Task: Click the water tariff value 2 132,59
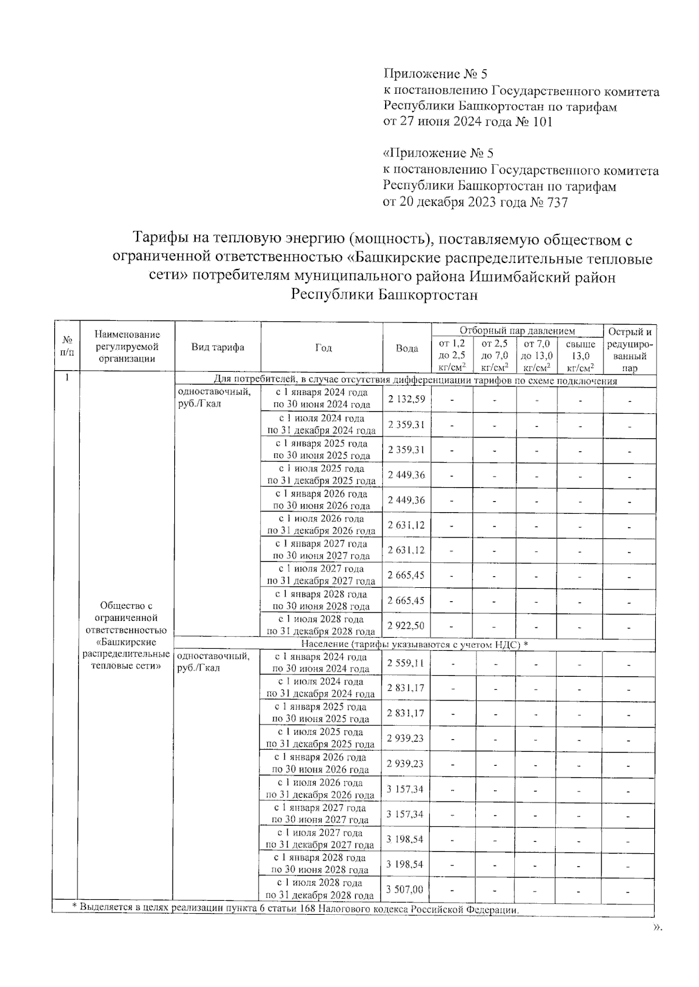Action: coord(407,399)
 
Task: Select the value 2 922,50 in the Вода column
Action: coord(406,626)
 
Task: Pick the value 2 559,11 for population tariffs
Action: coord(405,663)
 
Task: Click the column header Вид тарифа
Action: coord(218,347)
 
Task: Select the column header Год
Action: coord(323,347)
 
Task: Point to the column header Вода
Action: coord(407,348)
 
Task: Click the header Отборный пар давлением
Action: coord(517,331)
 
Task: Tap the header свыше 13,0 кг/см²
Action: coord(580,356)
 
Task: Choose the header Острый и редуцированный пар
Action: coord(630,350)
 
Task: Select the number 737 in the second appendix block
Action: coord(556,203)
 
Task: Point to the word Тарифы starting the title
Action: coord(158,239)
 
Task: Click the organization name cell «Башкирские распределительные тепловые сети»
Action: coord(126,636)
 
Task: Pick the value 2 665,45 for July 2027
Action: coord(406,575)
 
